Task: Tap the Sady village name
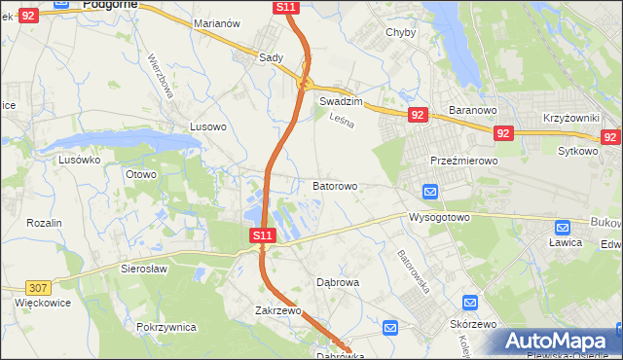pos(271,57)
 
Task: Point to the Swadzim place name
pos(341,101)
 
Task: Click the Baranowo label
pos(473,110)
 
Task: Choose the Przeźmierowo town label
pos(463,161)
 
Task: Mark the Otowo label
pos(141,174)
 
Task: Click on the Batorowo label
pos(335,185)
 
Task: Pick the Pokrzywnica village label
pos(167,327)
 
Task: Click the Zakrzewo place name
pos(277,311)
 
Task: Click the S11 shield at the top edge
pos(285,7)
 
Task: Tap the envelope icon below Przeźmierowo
pos(430,191)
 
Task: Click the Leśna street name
pos(340,121)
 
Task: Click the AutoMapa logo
pos(560,342)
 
